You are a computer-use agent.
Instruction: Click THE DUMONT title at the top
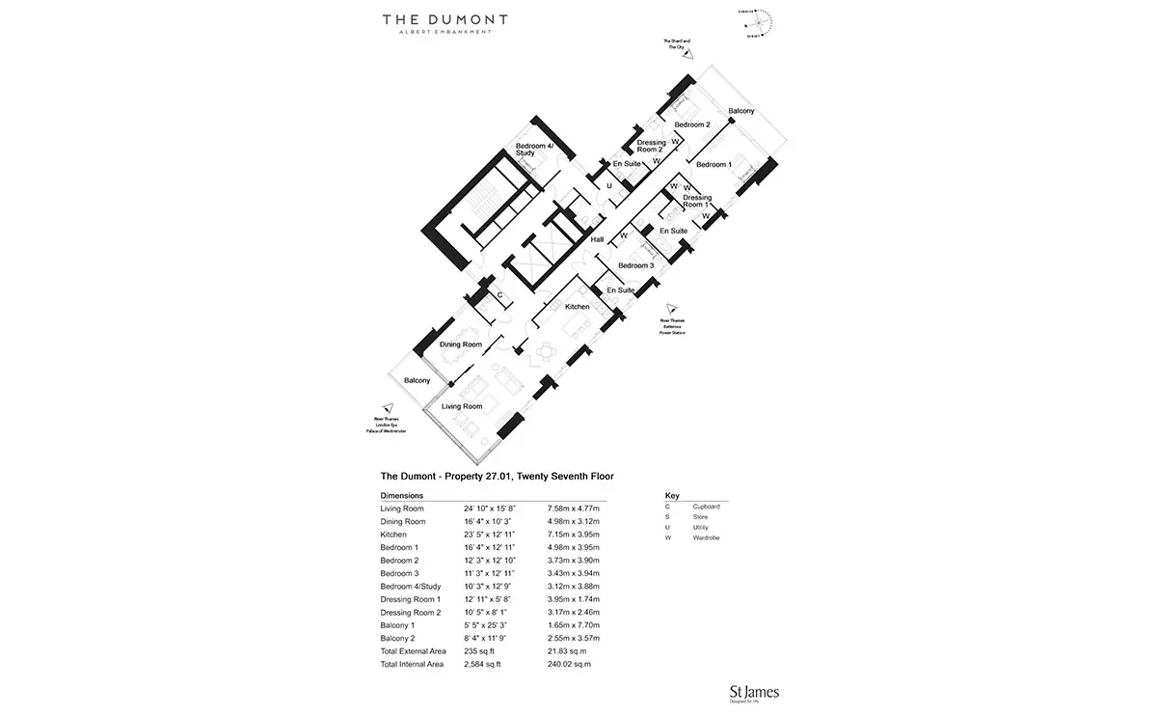pyautogui.click(x=444, y=18)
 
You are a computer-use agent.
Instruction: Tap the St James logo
pyautogui.click(x=755, y=691)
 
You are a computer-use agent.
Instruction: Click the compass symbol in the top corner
pyautogui.click(x=761, y=21)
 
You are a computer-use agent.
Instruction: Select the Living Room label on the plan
pyautogui.click(x=462, y=407)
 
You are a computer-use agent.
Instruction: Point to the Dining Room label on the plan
pyautogui.click(x=460, y=344)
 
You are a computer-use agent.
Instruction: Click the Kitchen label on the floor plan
pyautogui.click(x=577, y=307)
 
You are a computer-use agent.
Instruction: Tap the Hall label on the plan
pyautogui.click(x=597, y=240)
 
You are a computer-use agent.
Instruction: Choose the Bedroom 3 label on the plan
pyautogui.click(x=636, y=265)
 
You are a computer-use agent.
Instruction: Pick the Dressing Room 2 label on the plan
pyautogui.click(x=652, y=147)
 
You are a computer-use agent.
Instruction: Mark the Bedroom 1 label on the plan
pyautogui.click(x=714, y=165)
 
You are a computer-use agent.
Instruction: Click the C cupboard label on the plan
pyautogui.click(x=500, y=295)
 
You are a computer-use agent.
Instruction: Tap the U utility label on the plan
pyautogui.click(x=608, y=186)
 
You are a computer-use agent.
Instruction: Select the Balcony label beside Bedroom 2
pyautogui.click(x=741, y=112)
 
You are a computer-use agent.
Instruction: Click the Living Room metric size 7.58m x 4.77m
pyautogui.click(x=573, y=509)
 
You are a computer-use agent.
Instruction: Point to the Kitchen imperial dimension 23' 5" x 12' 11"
pyautogui.click(x=489, y=535)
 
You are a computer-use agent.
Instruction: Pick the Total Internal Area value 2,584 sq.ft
pyautogui.click(x=482, y=665)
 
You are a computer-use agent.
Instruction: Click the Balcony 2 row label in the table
pyautogui.click(x=397, y=639)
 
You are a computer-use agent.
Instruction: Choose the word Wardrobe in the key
pyautogui.click(x=706, y=537)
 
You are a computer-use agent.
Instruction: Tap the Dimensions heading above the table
pyautogui.click(x=402, y=495)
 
